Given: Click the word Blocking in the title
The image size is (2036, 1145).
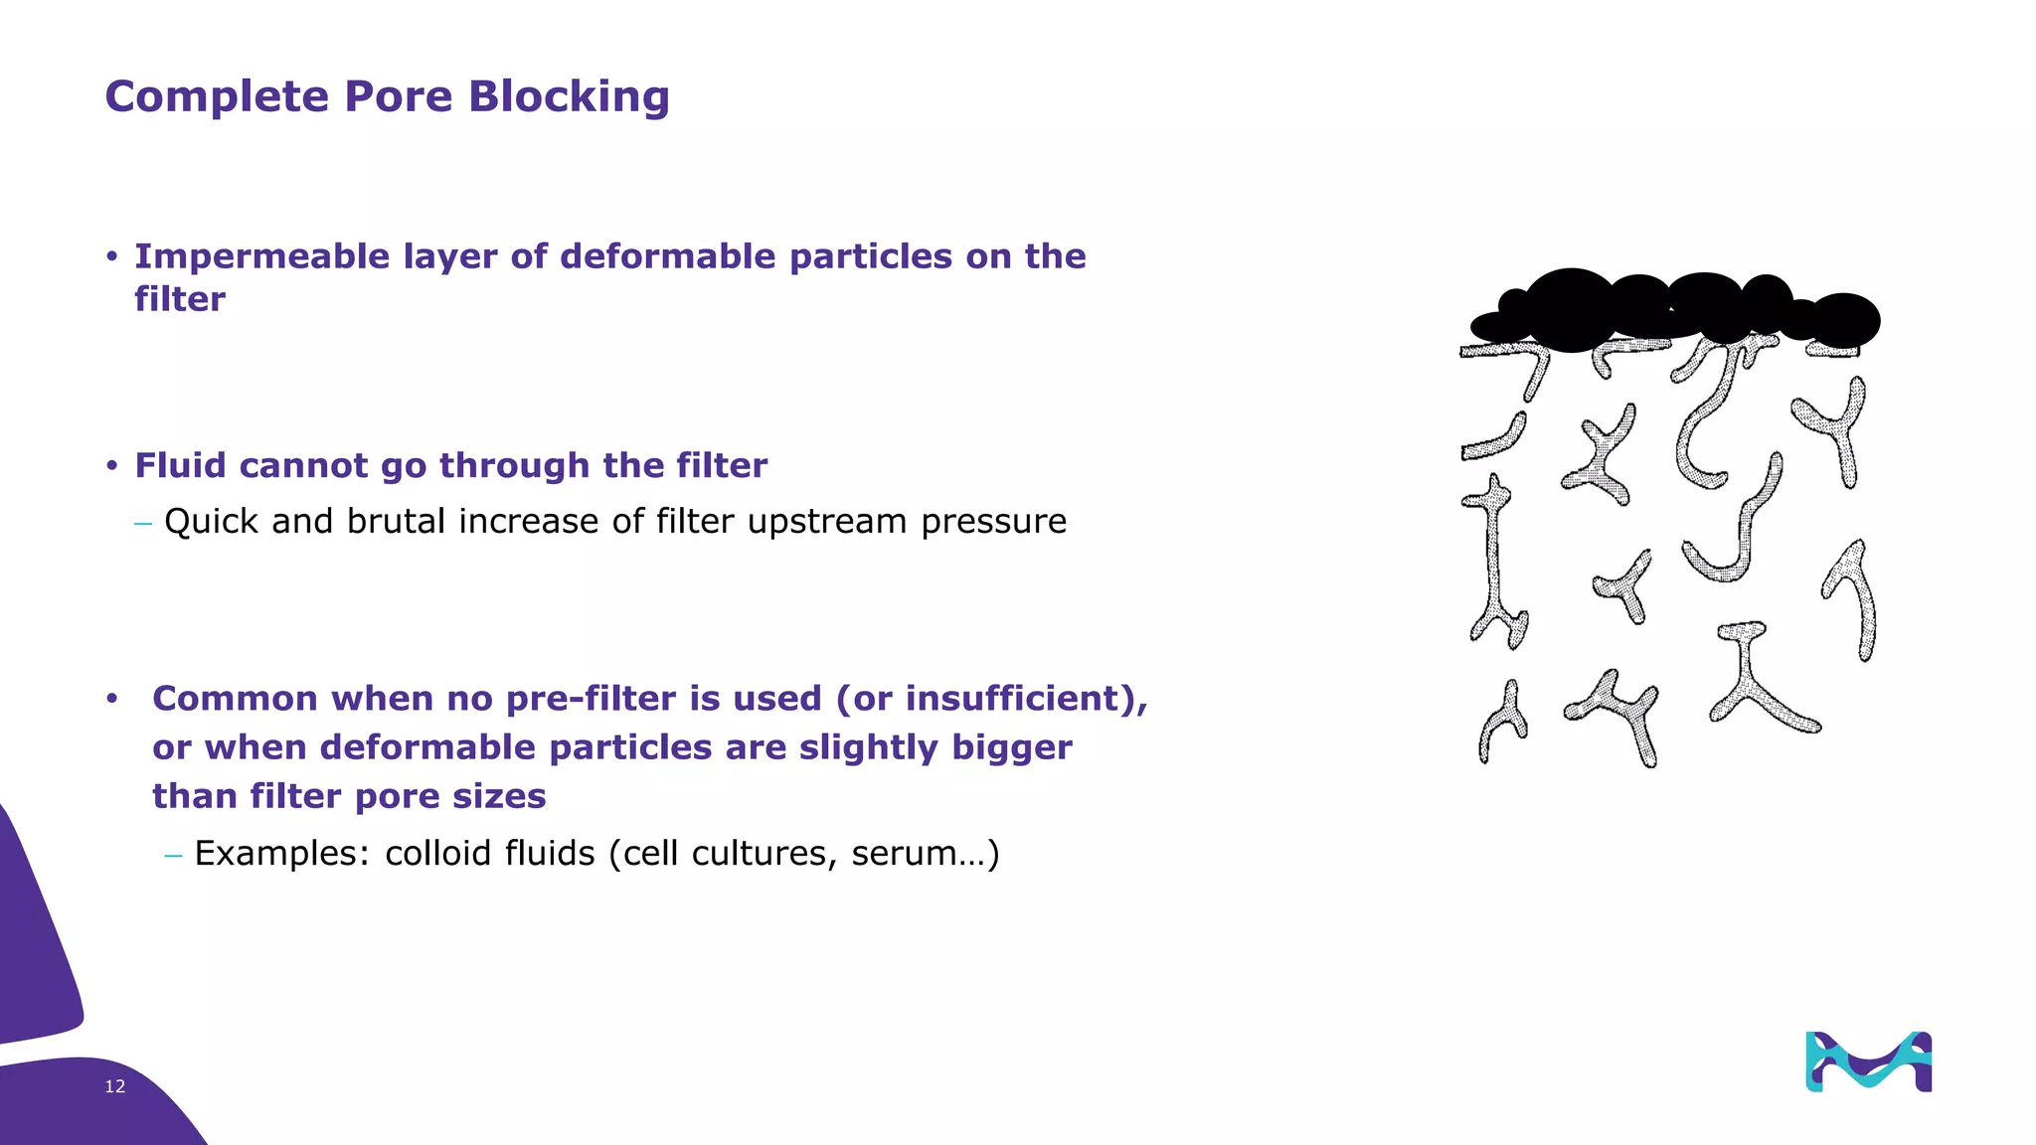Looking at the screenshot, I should tap(569, 97).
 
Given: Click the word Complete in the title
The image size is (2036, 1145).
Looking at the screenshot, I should tap(217, 97).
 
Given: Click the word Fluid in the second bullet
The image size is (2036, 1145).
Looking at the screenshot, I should tap(180, 465).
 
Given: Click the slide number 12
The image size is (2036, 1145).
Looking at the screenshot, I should tap(115, 1086).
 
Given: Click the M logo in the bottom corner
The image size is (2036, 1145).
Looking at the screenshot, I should tap(1868, 1062).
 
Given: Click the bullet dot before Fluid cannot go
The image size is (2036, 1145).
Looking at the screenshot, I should tap(112, 466).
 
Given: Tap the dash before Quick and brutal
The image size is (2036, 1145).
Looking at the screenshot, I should tap(143, 523).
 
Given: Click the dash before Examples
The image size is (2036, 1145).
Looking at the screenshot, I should tap(174, 855).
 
